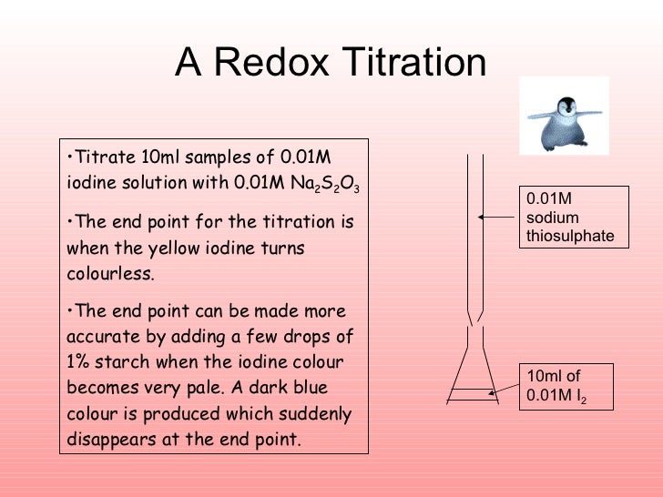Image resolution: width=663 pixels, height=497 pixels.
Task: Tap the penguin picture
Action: tap(564, 117)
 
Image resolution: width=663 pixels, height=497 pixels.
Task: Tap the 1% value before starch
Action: tap(81, 362)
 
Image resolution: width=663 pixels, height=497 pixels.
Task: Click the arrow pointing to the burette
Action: tap(495, 218)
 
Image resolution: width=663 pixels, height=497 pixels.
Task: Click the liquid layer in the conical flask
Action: tap(472, 394)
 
